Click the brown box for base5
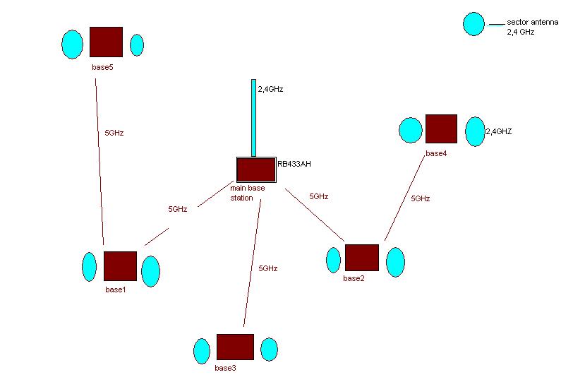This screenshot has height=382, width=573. click(106, 42)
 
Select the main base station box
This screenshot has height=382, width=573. click(255, 170)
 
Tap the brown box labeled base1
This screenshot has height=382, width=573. click(120, 265)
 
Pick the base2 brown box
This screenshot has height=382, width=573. click(361, 258)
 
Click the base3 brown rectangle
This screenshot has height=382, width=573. click(234, 347)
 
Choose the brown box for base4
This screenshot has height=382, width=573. click(441, 129)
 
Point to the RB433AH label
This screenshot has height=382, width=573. click(294, 164)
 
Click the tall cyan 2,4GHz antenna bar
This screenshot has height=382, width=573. click(253, 117)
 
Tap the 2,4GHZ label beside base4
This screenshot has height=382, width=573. click(498, 131)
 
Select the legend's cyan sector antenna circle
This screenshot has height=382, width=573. click(474, 23)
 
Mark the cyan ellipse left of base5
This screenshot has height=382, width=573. click(72, 44)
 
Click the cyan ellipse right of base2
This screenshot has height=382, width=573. click(395, 261)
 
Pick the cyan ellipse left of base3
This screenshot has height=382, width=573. click(202, 351)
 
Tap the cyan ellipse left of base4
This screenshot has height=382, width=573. click(411, 131)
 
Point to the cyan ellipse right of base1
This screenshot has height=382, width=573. click(151, 271)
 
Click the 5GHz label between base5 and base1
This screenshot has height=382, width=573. click(114, 132)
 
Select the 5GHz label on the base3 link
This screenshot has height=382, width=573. click(267, 268)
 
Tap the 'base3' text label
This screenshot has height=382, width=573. click(226, 368)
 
